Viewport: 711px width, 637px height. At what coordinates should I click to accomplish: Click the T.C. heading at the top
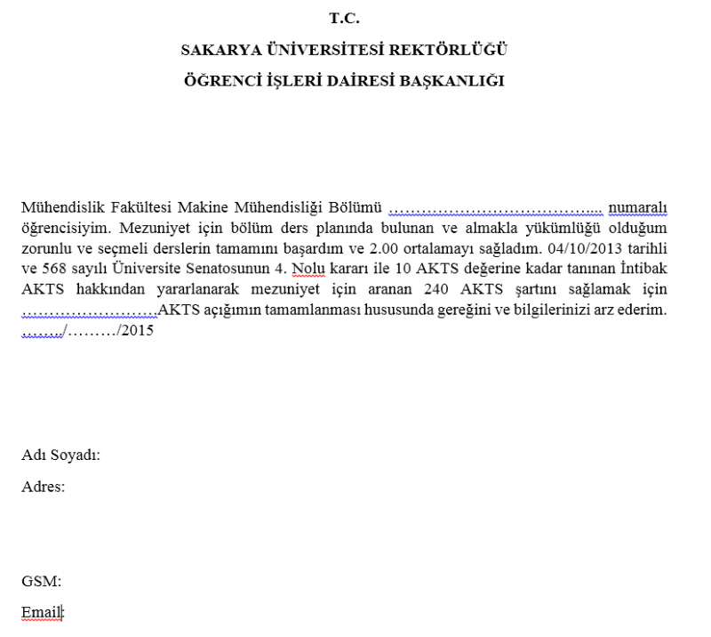(x=344, y=18)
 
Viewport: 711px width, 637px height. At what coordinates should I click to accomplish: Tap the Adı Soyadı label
(x=60, y=456)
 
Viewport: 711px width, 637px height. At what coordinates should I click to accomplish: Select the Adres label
(x=44, y=487)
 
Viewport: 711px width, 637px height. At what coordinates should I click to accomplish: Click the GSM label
(x=41, y=582)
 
